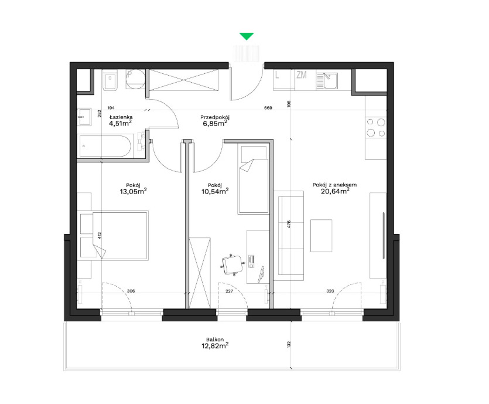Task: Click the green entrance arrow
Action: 247,36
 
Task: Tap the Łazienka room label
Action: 121,117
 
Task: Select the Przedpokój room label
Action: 215,117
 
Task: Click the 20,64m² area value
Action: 335,191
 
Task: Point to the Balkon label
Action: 215,340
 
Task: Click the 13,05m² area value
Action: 133,191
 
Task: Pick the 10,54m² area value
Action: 215,191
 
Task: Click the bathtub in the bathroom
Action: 105,146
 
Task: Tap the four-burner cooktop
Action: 376,127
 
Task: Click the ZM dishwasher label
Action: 301,75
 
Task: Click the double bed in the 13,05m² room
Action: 120,235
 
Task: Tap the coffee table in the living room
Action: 321,235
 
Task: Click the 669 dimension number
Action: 268,108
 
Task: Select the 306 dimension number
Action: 131,291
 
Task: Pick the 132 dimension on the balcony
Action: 289,345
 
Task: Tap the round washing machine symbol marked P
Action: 135,79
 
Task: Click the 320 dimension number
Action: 330,291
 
